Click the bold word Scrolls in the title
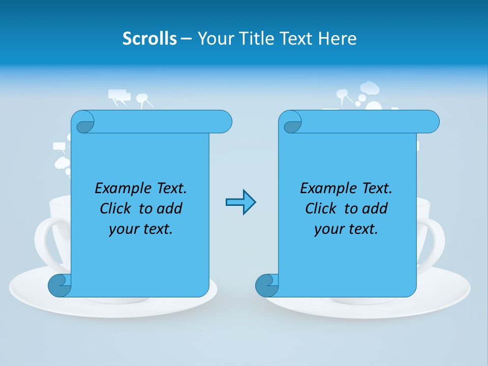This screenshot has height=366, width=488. pos(150,39)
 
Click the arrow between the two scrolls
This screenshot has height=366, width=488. pos(240,202)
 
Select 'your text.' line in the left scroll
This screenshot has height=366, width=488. pos(141,229)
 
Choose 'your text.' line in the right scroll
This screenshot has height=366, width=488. pos(346,229)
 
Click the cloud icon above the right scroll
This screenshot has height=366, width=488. pos(370,88)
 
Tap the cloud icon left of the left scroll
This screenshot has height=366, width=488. pos(62,163)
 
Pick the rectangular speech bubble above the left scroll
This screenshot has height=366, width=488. pos(119,95)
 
